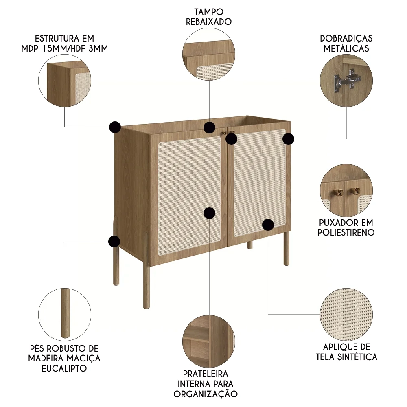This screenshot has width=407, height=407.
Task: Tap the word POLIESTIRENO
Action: (346, 233)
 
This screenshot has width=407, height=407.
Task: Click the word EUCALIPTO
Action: (64, 368)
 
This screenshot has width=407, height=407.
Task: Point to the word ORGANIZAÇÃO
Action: (206, 394)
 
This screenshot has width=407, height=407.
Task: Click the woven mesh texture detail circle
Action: (346, 315)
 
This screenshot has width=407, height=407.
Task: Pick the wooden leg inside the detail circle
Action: (64, 313)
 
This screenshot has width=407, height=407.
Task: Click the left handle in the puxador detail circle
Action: (337, 191)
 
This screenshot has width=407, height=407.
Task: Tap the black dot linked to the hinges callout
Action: (288, 139)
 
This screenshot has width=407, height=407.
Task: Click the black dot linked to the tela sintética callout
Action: (268, 224)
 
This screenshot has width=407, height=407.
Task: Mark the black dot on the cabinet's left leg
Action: (114, 241)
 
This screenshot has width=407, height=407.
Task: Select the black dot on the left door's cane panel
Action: (209, 212)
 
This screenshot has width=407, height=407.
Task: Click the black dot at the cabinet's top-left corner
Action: (115, 127)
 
